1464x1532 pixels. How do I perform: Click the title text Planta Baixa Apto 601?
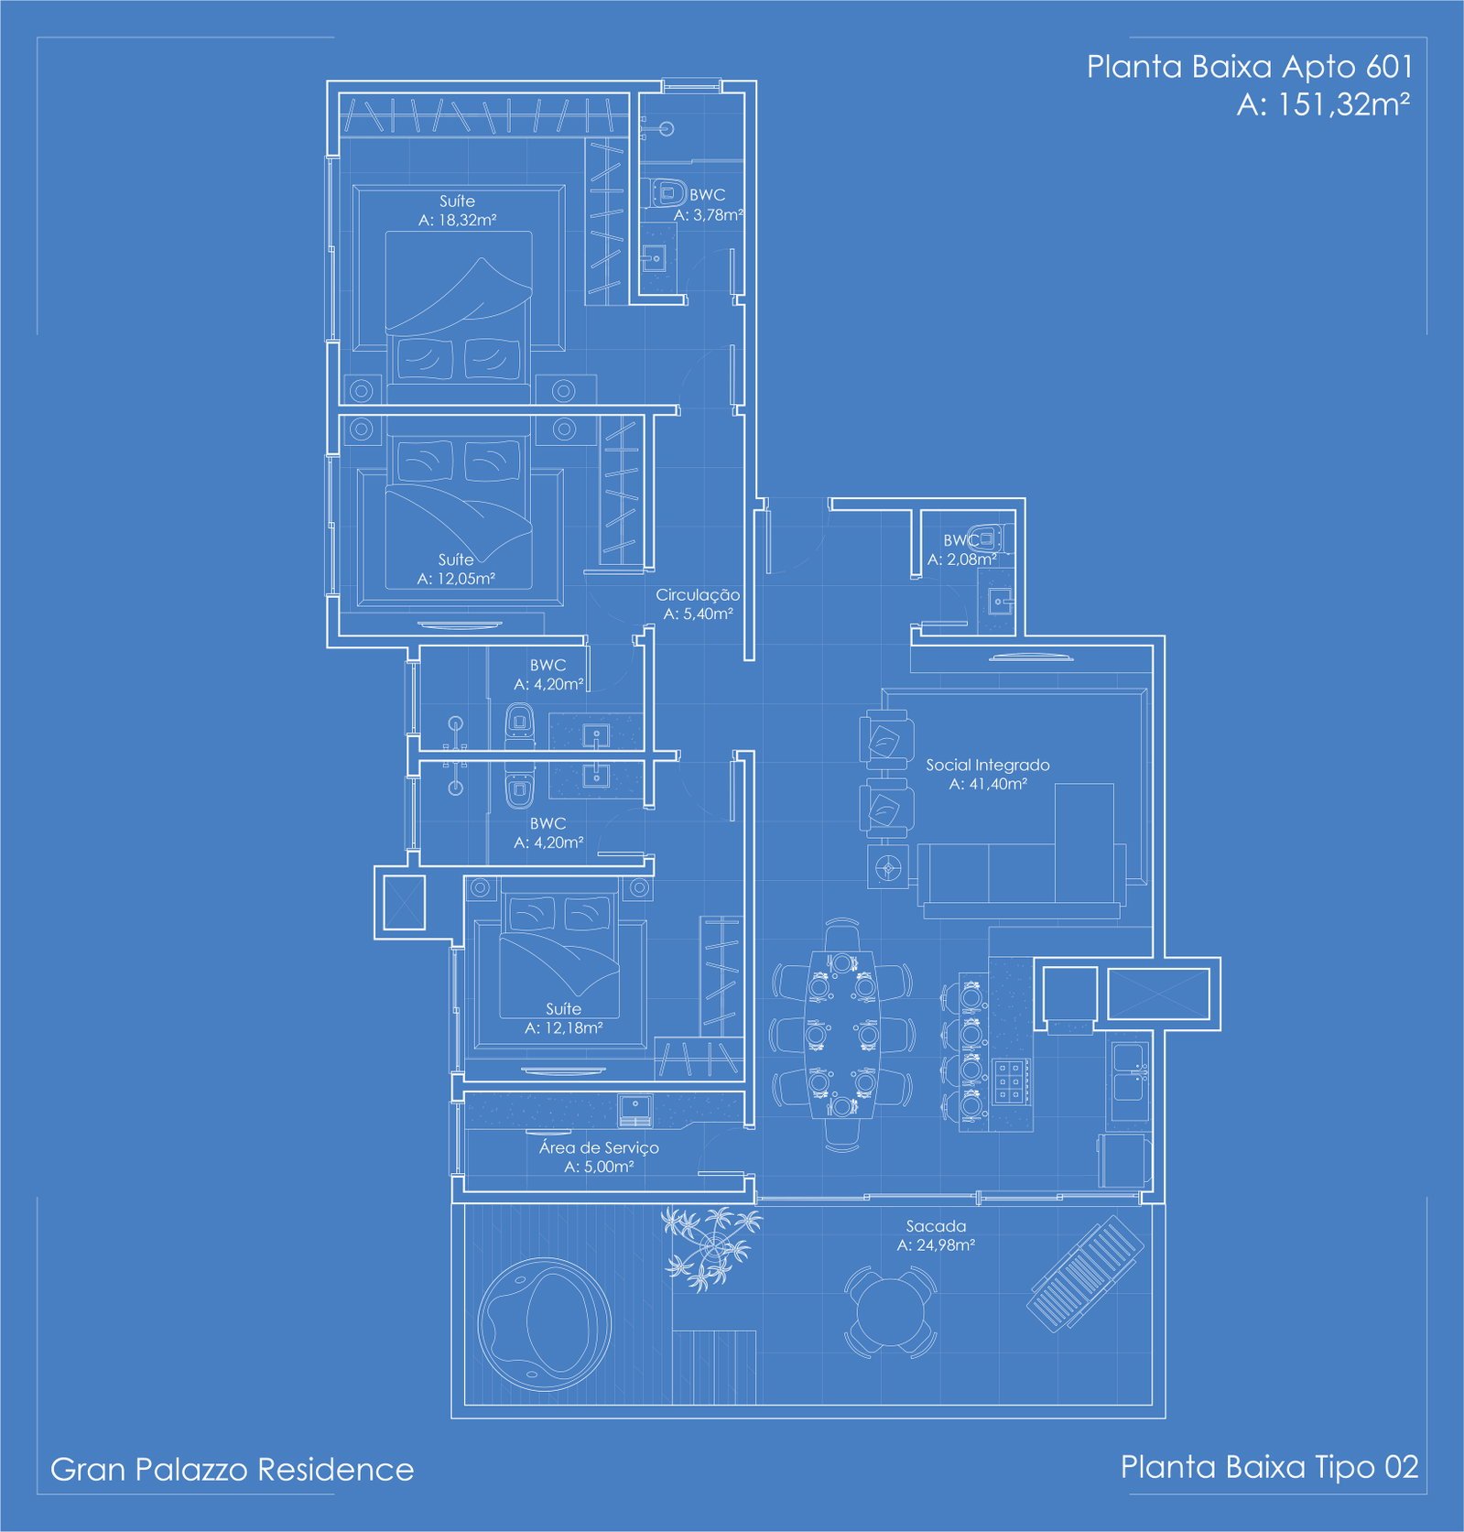1250,67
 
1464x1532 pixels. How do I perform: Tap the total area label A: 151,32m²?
1323,104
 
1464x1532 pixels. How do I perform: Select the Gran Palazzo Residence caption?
232,1469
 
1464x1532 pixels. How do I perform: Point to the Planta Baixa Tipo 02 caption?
1269,1467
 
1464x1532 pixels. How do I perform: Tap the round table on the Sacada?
890,1311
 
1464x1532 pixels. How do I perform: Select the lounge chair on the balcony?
1086,1271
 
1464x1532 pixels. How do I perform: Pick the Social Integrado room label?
987,765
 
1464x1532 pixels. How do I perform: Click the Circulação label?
698,594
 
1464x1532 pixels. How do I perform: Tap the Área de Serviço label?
599,1147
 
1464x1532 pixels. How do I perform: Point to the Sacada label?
936,1225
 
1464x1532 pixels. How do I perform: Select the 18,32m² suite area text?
457,220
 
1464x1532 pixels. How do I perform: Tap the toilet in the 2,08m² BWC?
990,538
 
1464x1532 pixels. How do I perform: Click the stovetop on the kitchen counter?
1009,1081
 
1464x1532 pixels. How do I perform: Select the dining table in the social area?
841,1035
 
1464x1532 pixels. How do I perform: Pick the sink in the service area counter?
635,1109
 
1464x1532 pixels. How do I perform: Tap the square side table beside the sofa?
887,865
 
